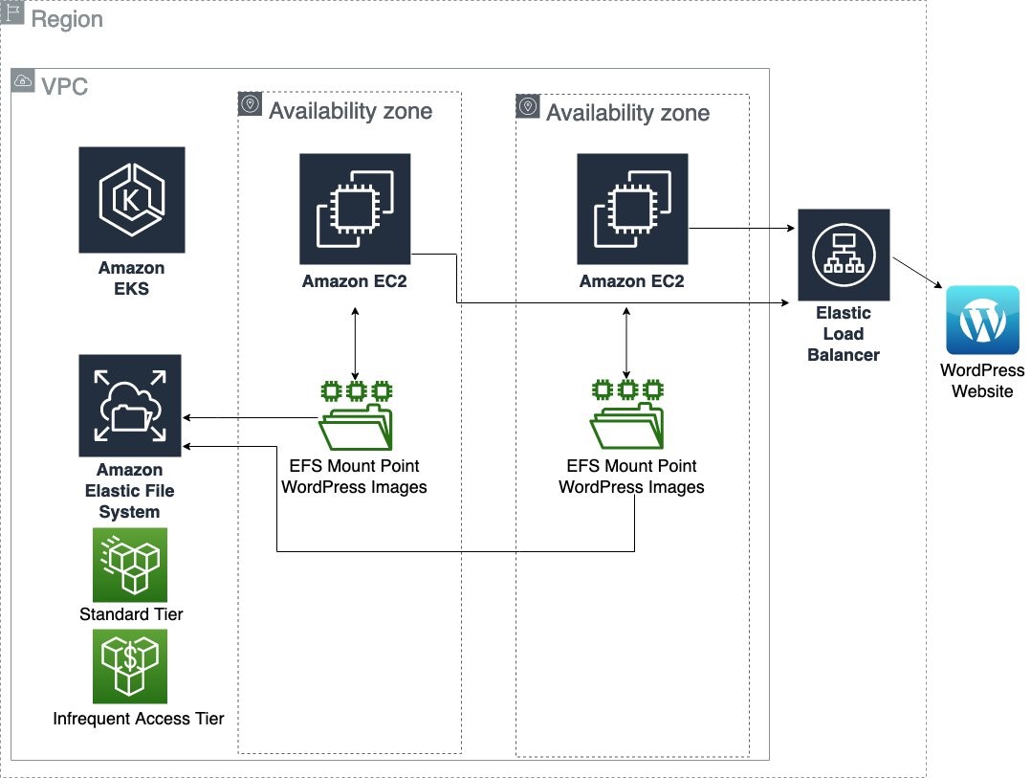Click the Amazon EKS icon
coord(132,199)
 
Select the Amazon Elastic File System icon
coord(130,406)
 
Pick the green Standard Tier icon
coord(130,566)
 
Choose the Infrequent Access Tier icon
coord(130,666)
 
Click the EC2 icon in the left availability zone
coord(355,209)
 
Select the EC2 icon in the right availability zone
coord(632,209)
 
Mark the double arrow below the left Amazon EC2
coord(356,343)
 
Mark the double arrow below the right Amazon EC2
coord(626,343)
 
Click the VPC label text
coord(64,86)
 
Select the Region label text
coord(67,19)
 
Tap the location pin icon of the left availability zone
coord(250,104)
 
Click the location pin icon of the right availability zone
coord(527,106)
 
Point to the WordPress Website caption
coord(982,380)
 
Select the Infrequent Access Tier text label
coord(139,718)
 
